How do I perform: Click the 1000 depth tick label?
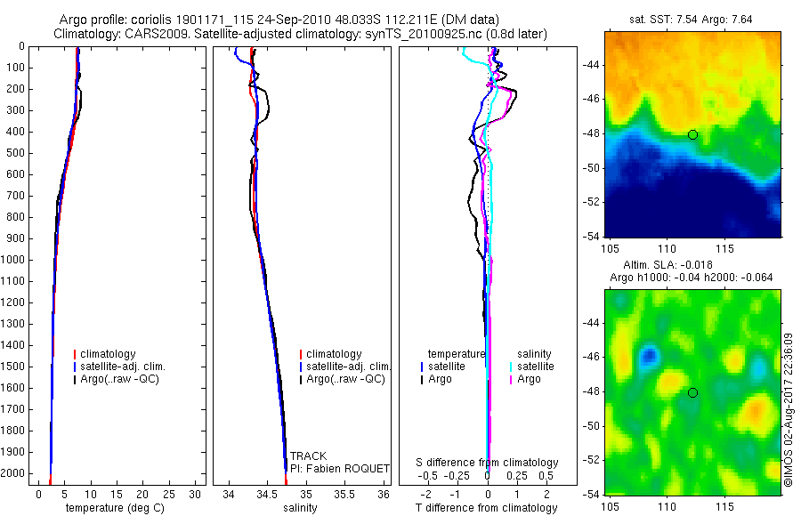tap(12, 260)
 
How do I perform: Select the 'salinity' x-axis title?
tap(300, 508)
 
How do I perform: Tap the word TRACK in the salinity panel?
tap(308, 456)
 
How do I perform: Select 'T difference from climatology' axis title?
tap(486, 508)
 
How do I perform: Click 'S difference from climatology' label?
tap(488, 463)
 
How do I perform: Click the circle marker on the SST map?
tap(692, 134)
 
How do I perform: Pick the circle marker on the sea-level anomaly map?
tap(692, 392)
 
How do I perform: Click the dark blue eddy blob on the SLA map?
tap(648, 356)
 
